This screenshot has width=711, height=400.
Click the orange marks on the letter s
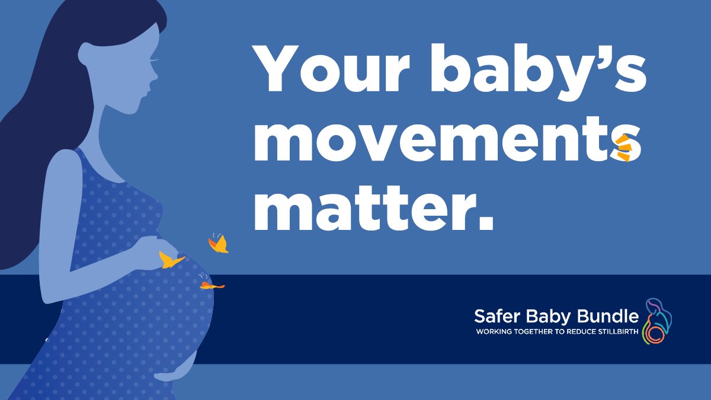624,148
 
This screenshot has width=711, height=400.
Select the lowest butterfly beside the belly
211,286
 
